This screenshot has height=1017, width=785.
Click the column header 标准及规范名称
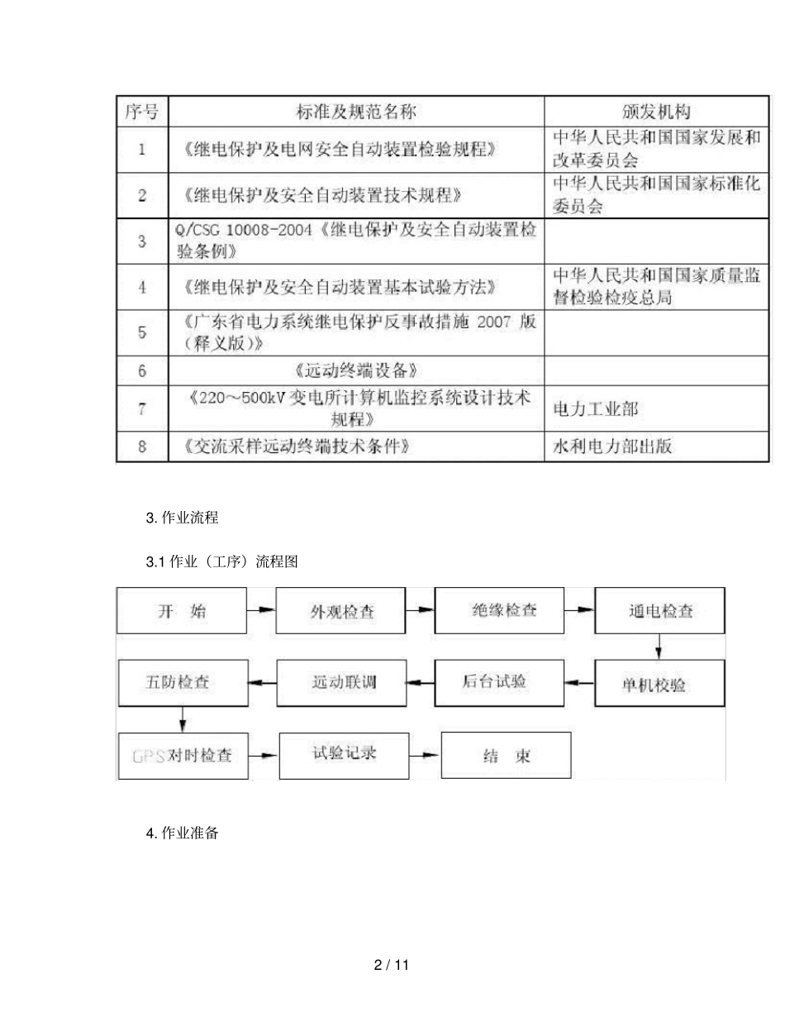[356, 111]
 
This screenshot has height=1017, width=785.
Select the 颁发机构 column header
[655, 111]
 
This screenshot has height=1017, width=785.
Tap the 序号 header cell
[141, 111]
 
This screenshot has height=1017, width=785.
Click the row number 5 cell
[141, 332]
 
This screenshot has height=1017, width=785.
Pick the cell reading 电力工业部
[594, 408]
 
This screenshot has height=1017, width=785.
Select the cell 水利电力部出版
[611, 447]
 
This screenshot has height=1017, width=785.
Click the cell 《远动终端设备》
[357, 369]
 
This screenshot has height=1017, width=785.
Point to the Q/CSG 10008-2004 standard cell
[357, 241]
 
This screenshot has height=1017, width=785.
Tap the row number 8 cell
[141, 447]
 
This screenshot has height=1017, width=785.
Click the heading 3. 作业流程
[182, 518]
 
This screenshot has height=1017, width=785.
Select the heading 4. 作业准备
[182, 833]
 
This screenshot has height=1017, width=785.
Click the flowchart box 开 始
[181, 612]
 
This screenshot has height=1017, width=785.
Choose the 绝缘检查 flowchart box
[504, 610]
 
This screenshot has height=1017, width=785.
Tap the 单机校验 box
[660, 685]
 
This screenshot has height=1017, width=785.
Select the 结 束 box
[506, 756]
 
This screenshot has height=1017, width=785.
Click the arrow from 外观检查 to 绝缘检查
[421, 610]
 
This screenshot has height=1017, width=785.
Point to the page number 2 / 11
[392, 965]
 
